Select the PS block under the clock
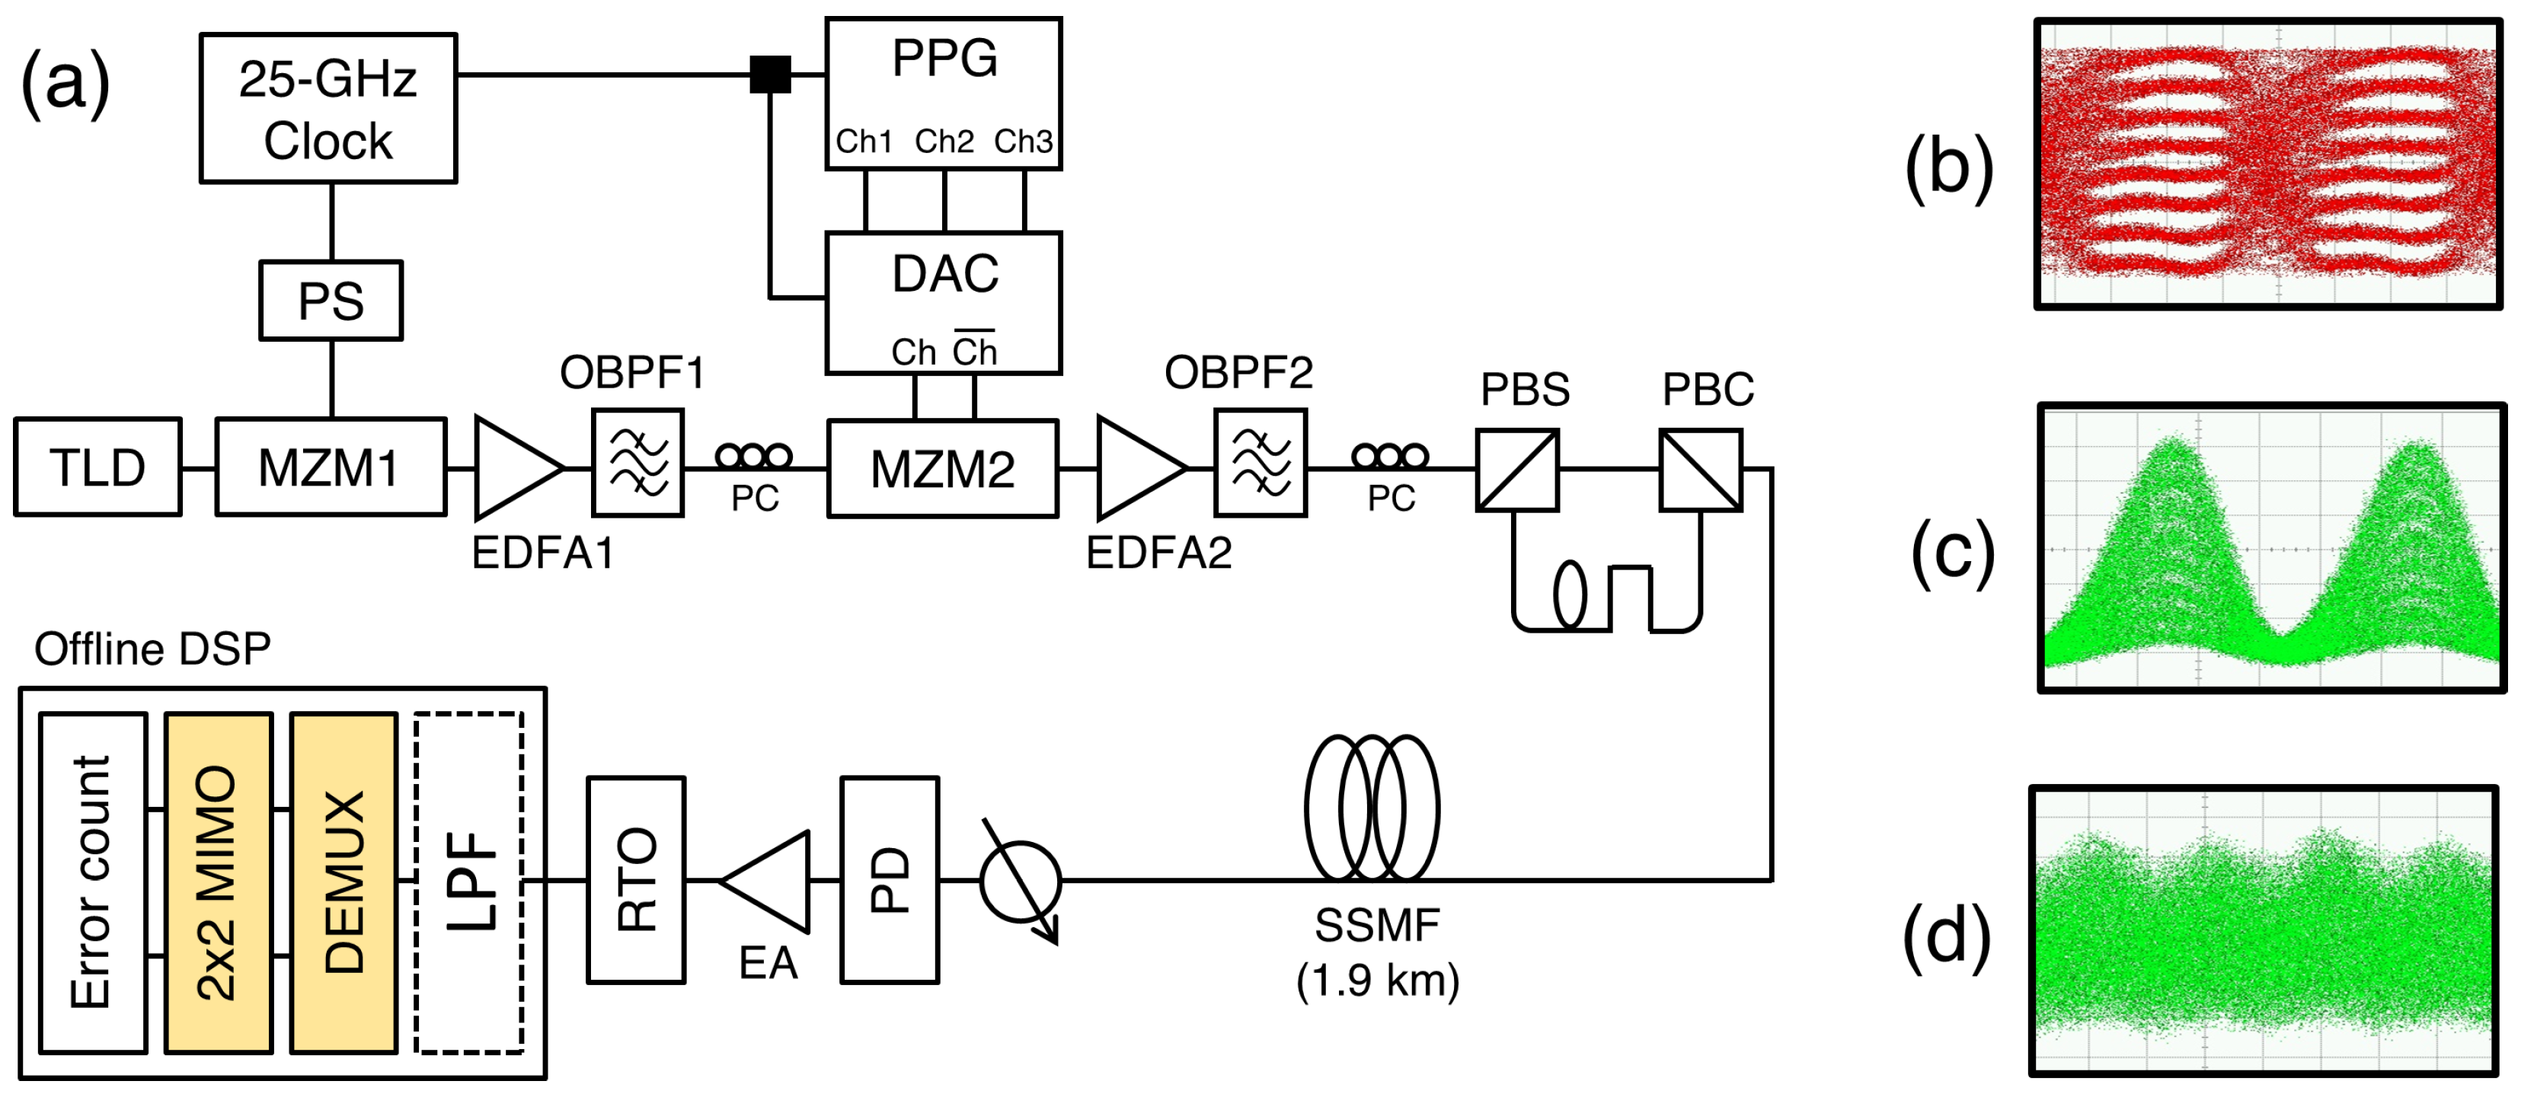tap(331, 301)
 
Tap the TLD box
tap(97, 467)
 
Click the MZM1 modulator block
tap(331, 467)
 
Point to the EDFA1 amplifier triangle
tap(514, 467)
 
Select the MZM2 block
tap(942, 469)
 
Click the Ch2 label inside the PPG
tap(944, 142)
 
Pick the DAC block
tap(944, 302)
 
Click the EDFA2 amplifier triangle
tap(1136, 467)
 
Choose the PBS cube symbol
tap(1517, 470)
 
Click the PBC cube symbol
tap(1700, 470)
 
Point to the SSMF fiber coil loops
tap(1372, 808)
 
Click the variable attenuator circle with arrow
tap(1020, 881)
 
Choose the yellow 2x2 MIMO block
tap(219, 882)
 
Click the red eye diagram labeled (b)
tap(2268, 164)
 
